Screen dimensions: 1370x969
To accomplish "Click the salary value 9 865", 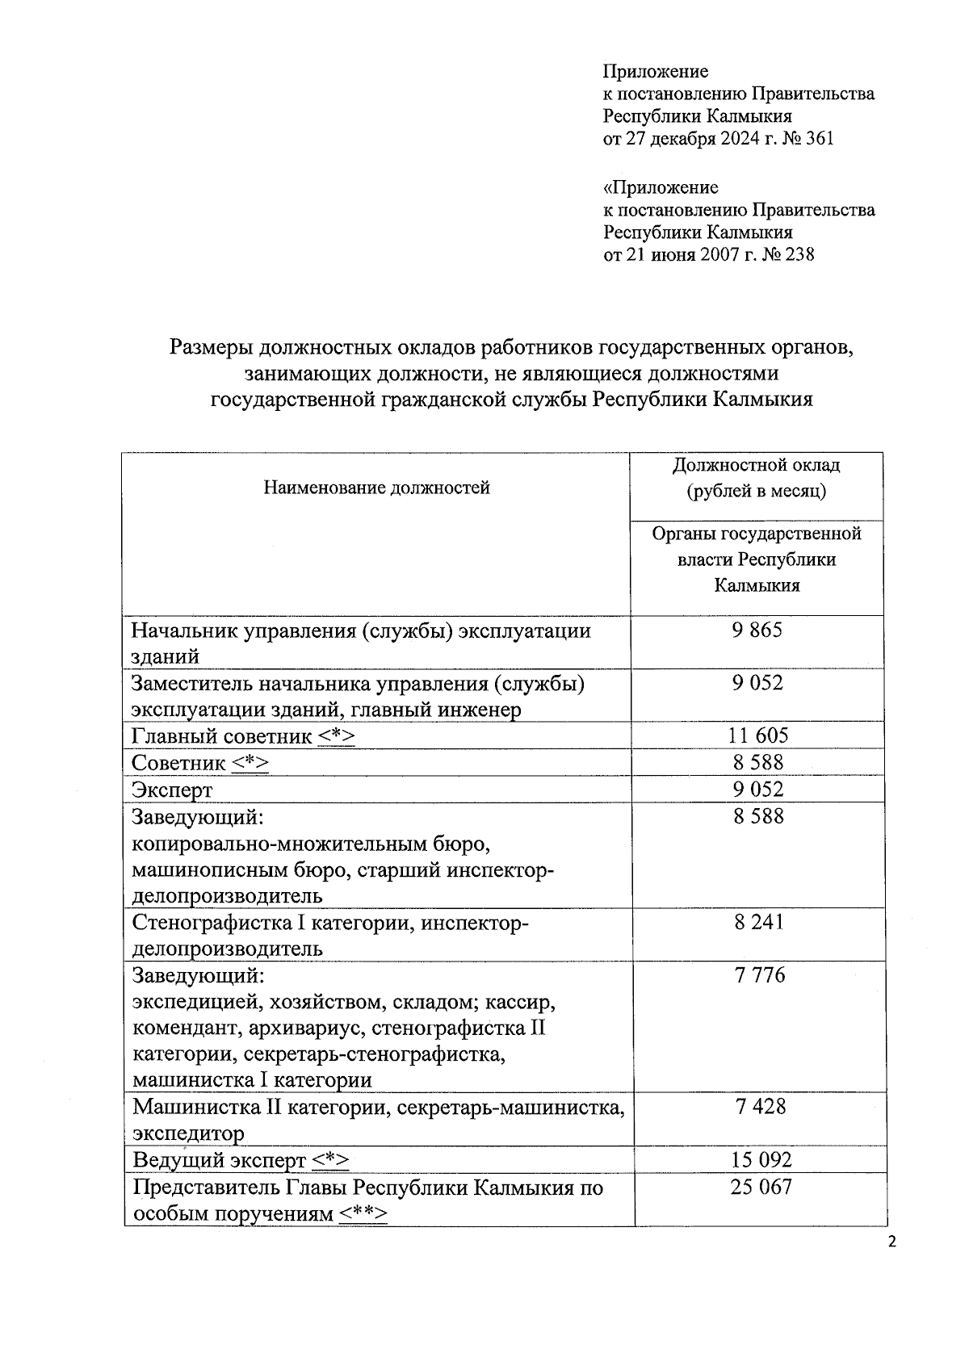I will (757, 631).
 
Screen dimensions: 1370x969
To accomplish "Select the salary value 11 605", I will (757, 735).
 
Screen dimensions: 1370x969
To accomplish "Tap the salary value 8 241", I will (758, 922).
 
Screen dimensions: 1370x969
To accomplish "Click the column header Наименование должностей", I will (376, 488).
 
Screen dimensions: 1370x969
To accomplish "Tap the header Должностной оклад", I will (756, 466).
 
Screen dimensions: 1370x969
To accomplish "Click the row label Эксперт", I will (172, 790).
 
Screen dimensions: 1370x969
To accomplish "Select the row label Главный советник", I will (221, 736).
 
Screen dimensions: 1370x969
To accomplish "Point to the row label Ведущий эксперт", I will (219, 1161).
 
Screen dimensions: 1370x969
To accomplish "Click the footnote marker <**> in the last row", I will (363, 1214).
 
